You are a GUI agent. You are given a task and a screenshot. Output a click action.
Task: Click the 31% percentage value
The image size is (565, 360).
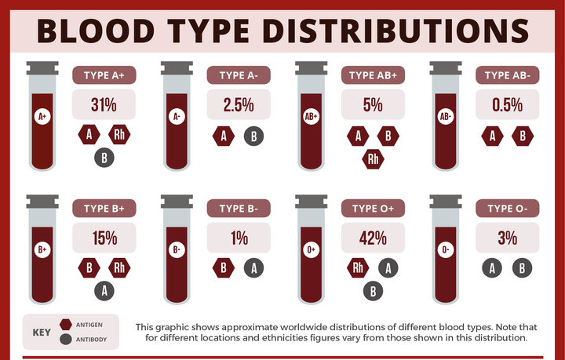coord(104,104)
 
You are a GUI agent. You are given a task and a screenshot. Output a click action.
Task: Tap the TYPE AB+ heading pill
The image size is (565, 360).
coord(373,75)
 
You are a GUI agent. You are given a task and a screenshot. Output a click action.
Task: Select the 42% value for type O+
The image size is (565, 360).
coord(373,238)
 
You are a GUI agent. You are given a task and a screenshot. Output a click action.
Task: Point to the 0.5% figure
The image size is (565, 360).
coord(508,104)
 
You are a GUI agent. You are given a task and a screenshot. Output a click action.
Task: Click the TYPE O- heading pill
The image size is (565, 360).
coord(508,209)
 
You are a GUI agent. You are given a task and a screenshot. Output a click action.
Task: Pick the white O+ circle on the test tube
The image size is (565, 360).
coord(312,250)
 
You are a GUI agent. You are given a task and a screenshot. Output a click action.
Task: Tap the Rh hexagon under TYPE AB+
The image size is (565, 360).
coord(374,160)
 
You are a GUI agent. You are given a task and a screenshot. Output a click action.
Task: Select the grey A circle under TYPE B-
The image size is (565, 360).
coord(253,267)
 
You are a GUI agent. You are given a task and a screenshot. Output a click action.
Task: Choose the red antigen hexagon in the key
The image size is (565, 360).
coord(64,324)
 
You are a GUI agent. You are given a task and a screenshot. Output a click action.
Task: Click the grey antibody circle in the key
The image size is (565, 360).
coord(64,340)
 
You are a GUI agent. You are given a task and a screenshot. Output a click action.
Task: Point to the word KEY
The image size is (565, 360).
coord(41,332)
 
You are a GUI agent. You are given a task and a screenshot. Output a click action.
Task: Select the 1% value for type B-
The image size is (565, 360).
coord(239,238)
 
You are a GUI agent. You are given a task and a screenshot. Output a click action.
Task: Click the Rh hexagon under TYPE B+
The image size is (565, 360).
coord(120,267)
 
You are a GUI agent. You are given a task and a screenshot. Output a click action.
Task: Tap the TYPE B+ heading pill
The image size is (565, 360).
coord(104,209)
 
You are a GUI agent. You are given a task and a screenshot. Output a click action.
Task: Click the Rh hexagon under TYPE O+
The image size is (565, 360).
coord(359,267)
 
